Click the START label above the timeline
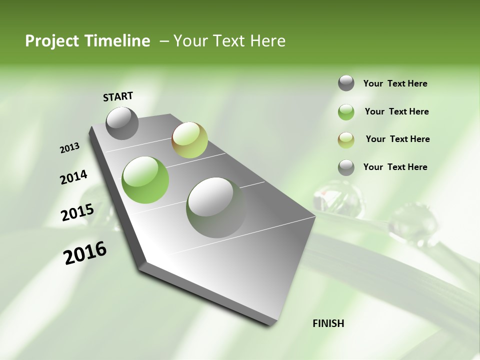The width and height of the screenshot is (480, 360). (118, 96)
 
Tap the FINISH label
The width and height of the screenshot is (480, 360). (328, 323)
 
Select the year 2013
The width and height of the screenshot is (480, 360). (70, 148)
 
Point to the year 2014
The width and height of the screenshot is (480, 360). (73, 177)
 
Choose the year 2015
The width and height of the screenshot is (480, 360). (77, 212)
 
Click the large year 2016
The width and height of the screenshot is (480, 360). (85, 253)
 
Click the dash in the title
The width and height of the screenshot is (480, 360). (164, 41)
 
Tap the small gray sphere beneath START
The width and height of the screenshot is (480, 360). (122, 123)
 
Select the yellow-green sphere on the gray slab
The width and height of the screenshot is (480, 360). (189, 140)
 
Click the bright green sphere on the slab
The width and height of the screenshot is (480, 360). (145, 180)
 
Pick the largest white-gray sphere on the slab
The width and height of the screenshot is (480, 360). (216, 207)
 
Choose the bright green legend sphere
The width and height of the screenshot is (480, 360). (346, 112)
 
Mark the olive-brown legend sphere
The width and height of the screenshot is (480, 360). (346, 140)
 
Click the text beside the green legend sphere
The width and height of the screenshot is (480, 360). (396, 111)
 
